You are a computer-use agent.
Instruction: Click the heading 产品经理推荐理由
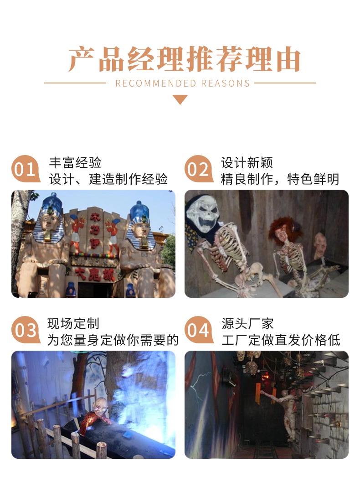(184, 59)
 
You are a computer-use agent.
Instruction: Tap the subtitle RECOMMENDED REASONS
(182, 83)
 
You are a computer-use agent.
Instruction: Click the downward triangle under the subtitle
(180, 99)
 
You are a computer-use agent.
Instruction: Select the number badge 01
(25, 169)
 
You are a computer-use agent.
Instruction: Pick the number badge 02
(198, 169)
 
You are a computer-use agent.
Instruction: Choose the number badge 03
(25, 330)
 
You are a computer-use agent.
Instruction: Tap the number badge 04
(198, 330)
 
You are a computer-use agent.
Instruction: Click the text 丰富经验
(75, 163)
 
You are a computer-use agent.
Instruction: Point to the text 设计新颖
(247, 163)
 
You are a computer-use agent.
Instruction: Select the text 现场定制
(73, 324)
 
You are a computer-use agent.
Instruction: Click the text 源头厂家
(247, 324)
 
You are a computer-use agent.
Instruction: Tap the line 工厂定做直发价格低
(281, 340)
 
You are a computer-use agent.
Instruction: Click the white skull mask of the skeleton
(203, 212)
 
